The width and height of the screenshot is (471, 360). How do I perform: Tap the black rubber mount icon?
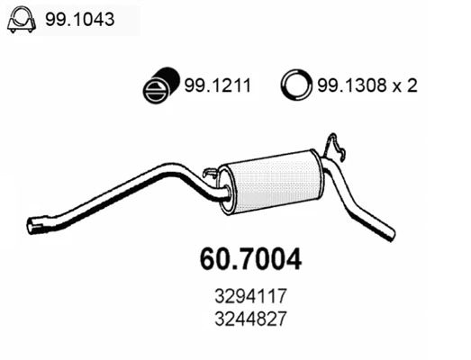[x=159, y=88]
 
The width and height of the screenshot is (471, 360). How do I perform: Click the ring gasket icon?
[x=294, y=87]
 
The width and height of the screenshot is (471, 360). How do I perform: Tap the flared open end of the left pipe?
[x=35, y=221]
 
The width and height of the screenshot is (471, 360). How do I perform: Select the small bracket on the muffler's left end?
[x=211, y=173]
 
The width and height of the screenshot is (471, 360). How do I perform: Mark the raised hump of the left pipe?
[x=167, y=167]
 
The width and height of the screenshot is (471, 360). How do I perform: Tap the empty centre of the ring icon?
[x=294, y=87]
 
